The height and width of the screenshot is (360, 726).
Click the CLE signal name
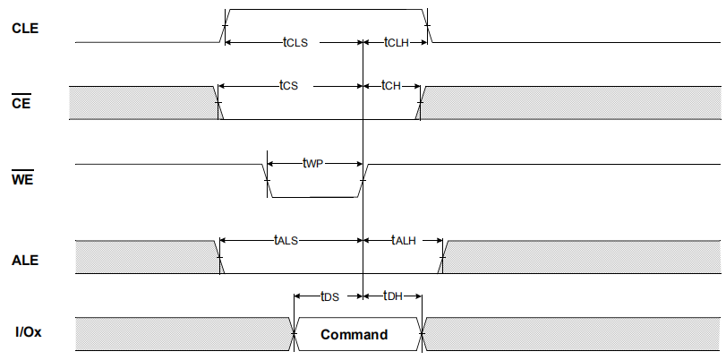(x=24, y=27)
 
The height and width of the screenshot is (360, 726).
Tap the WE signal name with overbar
(x=22, y=180)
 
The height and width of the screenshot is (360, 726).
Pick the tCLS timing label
(x=297, y=42)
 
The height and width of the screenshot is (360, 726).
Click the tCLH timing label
(x=396, y=42)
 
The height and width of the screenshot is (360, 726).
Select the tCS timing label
(x=287, y=86)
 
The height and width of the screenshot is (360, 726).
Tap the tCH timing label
(x=391, y=86)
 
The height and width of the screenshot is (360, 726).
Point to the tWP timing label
(x=312, y=164)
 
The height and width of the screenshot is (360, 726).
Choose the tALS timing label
(x=286, y=240)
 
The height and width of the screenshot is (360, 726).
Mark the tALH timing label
(x=404, y=240)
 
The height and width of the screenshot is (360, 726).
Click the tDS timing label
(x=329, y=296)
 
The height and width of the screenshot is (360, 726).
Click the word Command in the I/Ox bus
(x=354, y=335)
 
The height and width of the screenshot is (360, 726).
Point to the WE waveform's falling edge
(x=266, y=180)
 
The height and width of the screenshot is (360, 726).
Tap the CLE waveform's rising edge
(x=225, y=27)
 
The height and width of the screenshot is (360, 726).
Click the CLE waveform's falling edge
(x=428, y=27)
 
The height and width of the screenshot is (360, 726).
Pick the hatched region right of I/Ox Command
(x=573, y=334)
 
